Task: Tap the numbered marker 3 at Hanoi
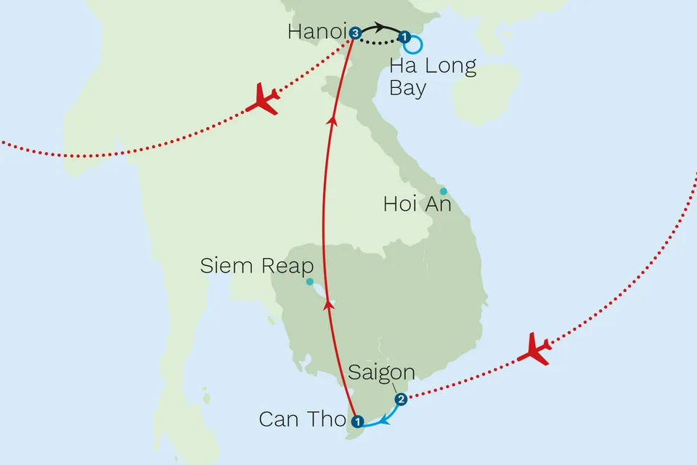(x=354, y=33)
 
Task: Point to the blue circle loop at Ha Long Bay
(x=414, y=45)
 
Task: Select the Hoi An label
(x=417, y=205)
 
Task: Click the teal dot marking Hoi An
(x=444, y=191)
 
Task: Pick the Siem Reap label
(x=256, y=267)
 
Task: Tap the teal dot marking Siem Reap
(x=310, y=282)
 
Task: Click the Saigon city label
(x=381, y=373)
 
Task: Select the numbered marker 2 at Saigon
(x=400, y=399)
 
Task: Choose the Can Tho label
(x=301, y=420)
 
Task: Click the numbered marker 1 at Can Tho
(x=356, y=421)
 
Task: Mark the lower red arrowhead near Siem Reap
(x=329, y=305)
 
